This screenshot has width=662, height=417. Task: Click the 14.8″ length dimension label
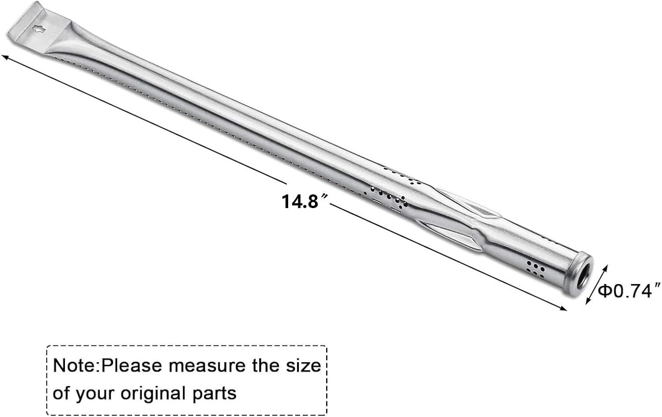[305, 202]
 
